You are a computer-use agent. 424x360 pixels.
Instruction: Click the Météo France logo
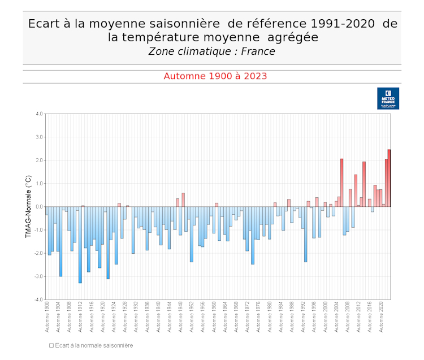tap(388, 98)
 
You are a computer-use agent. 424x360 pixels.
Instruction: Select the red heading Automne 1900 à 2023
tap(215, 76)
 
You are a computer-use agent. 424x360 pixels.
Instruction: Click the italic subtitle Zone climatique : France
tap(211, 51)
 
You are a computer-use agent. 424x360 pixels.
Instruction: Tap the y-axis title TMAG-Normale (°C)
tap(29, 206)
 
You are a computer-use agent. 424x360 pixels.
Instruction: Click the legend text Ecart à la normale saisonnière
tap(93, 345)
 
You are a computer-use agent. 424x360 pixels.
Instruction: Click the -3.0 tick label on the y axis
tap(38, 276)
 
